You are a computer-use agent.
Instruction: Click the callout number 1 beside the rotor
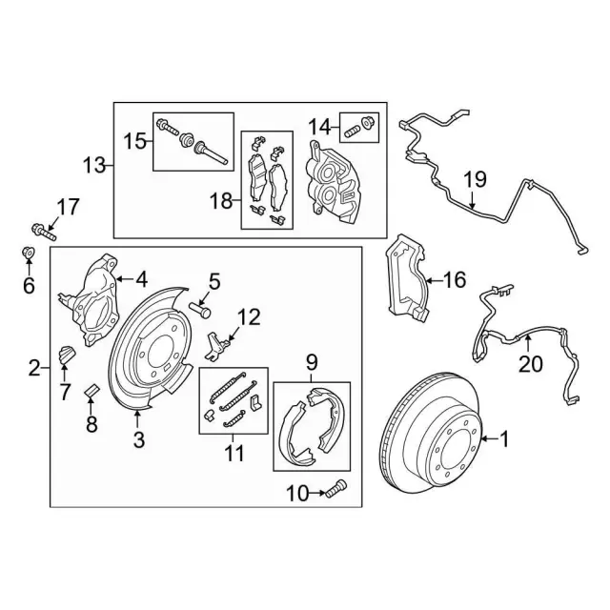(505, 439)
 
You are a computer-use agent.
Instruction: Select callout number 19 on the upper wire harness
(476, 177)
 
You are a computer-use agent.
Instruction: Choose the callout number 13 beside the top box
(93, 166)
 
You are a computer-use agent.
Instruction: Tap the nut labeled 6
(29, 254)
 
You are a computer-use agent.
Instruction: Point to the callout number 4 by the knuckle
(141, 279)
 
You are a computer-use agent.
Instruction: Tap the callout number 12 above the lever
(248, 315)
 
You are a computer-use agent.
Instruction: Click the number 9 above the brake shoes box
(311, 361)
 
